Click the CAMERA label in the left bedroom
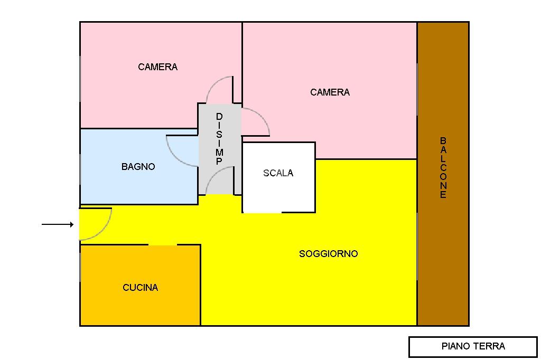(x=157, y=67)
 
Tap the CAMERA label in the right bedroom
(x=330, y=92)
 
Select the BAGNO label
(x=138, y=167)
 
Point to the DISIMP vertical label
(x=219, y=139)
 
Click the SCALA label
(x=278, y=173)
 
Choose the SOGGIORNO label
(x=328, y=254)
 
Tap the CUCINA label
(x=140, y=288)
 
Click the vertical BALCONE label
(x=443, y=167)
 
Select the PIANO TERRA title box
(x=473, y=347)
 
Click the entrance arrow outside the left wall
(x=58, y=225)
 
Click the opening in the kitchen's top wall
(x=162, y=245)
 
